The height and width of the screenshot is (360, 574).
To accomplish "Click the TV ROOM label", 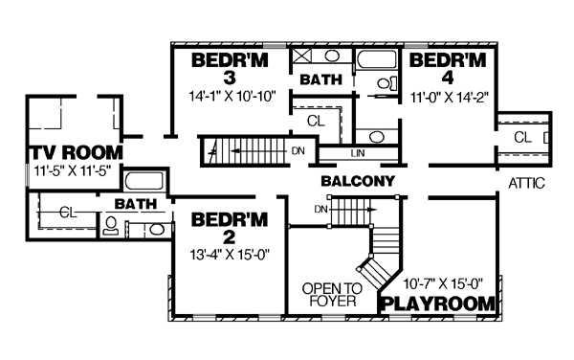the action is [x=76, y=153].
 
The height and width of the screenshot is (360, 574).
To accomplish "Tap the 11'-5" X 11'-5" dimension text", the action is [x=72, y=170].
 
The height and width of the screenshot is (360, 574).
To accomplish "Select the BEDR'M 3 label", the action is [x=230, y=69].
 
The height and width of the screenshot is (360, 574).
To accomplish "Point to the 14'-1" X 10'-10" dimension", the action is [x=232, y=97].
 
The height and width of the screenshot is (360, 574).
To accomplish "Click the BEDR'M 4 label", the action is [x=448, y=69].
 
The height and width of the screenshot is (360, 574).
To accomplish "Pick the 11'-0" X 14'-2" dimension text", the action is [x=450, y=98].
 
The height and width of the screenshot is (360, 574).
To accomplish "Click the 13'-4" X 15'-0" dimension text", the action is [x=230, y=254].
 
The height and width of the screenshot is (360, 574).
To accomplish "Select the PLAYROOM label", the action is [x=438, y=304].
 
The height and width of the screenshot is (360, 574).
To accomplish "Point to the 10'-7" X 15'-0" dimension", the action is [x=443, y=283].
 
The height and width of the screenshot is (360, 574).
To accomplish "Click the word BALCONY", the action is [x=358, y=181].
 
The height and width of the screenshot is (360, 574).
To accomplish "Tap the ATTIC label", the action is [x=526, y=183].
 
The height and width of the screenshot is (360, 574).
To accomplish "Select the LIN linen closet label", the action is [x=358, y=153].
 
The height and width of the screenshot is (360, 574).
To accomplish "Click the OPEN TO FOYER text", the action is [x=332, y=295].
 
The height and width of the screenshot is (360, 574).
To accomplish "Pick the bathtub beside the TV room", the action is [x=143, y=181].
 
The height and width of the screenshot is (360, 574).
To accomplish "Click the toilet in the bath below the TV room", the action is [x=110, y=225].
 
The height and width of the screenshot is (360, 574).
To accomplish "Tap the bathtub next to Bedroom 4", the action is [x=376, y=59].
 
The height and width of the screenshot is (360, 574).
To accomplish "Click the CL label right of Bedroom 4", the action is [x=522, y=138].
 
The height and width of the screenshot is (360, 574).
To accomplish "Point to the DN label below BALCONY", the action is [x=320, y=209].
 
